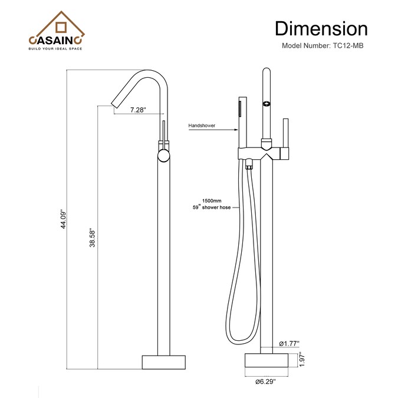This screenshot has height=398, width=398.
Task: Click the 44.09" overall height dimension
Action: coord(64,219)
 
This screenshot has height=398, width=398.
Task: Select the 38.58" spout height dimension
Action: coord(92,238)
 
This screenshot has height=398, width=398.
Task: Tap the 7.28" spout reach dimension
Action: coord(139,110)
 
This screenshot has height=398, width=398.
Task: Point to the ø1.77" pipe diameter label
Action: coord(289,344)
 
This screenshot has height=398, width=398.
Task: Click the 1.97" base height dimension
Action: coord(302,359)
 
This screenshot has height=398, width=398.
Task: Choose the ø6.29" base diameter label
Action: coord(265,381)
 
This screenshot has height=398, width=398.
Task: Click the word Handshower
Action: coord(202,126)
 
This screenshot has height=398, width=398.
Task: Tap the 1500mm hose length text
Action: coord(212,201)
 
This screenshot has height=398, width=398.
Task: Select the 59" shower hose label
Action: coord(212,208)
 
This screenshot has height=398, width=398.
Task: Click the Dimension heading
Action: coord(321,29)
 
